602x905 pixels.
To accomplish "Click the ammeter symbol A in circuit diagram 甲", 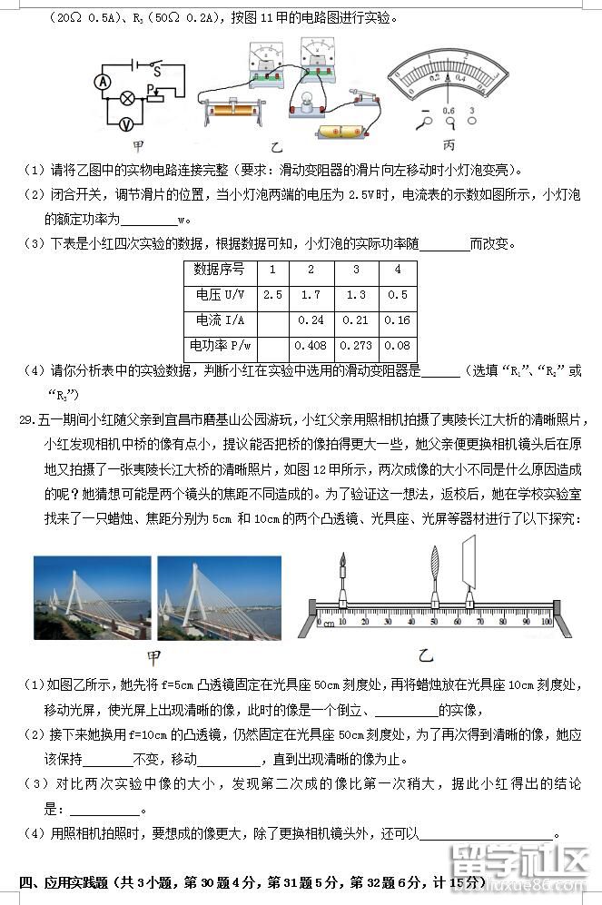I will tap(103, 81).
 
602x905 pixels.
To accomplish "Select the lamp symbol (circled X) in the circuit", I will tap(129, 95).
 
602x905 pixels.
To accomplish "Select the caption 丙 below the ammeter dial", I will tap(449, 145).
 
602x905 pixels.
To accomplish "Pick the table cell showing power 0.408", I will tap(311, 346).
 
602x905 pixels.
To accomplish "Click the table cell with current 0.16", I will tap(397, 320).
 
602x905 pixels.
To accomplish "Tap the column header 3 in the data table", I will tap(356, 270).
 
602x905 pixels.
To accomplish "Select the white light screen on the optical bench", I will tap(469, 563).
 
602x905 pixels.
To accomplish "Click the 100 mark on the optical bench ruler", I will tap(547, 622).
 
